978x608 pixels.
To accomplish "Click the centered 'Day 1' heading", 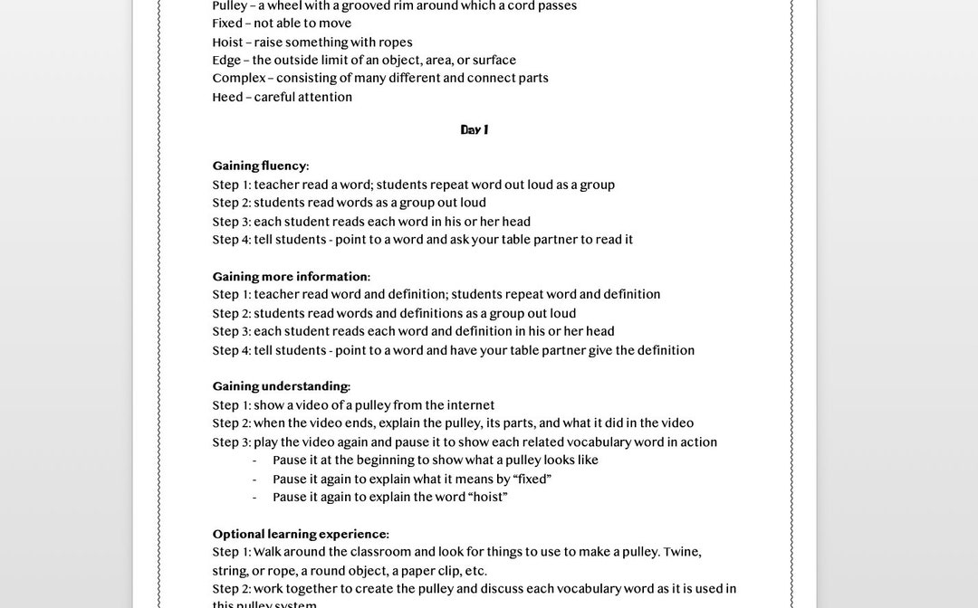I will [x=474, y=130].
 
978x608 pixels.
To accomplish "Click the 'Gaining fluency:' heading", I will [x=261, y=166].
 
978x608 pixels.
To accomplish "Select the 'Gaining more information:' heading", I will [x=291, y=277].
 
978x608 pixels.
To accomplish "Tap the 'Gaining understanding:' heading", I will [x=281, y=387].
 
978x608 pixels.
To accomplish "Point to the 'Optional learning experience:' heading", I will [x=301, y=535].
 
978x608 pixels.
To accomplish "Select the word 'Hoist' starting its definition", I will [x=227, y=43].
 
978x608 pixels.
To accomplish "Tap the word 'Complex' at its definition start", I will [x=238, y=79].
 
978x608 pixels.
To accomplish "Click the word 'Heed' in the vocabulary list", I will [x=226, y=98].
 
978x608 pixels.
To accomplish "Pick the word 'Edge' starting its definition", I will [x=226, y=61].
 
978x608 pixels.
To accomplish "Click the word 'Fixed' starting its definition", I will [x=227, y=24].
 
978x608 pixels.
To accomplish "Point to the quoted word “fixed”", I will [x=532, y=480].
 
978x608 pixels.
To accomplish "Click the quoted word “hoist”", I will [x=488, y=498].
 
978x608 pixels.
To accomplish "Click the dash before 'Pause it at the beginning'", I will [x=254, y=461].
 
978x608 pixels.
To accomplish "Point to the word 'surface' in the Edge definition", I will [x=494, y=61].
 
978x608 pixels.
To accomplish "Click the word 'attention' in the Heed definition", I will [x=325, y=98].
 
